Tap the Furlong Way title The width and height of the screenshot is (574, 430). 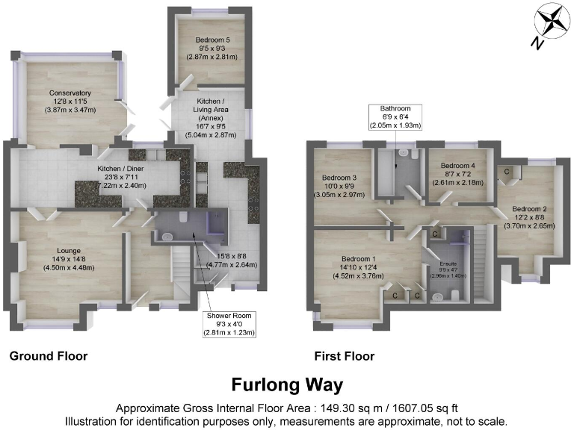pos(287,385)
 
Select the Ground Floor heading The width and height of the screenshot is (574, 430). pos(49,356)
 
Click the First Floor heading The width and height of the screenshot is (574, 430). pos(345,356)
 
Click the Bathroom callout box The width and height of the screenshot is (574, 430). pos(395,117)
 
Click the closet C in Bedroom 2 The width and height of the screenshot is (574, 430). pos(508,172)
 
